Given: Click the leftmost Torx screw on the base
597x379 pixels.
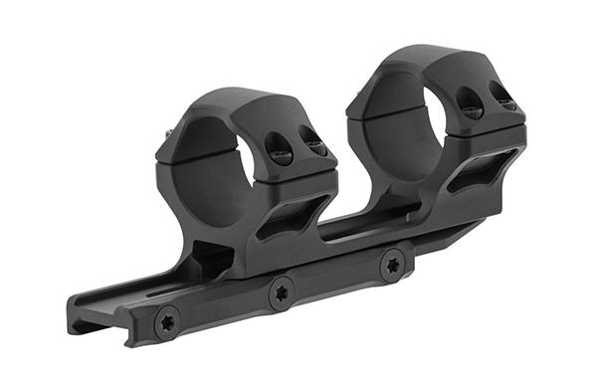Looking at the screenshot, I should (166, 321).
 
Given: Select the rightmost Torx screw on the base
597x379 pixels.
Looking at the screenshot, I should (393, 264).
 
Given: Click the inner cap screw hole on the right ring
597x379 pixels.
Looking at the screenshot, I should (468, 100).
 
